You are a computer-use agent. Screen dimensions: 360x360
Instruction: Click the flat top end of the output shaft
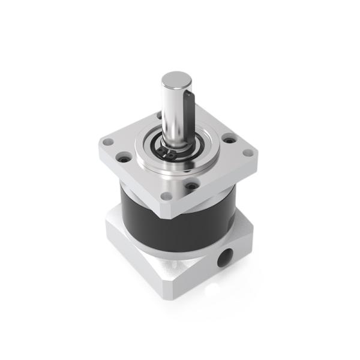(x=176, y=79)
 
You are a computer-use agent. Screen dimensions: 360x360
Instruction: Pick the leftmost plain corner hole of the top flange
(x=109, y=143)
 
